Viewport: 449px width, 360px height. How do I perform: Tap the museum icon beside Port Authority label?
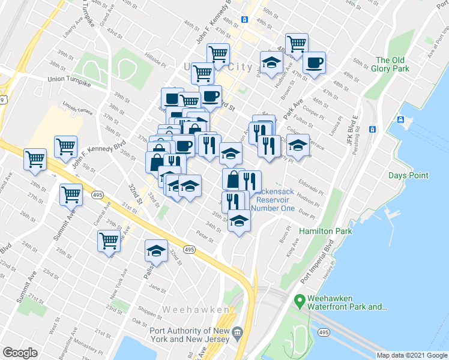[237, 332]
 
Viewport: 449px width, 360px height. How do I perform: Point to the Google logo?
[20, 353]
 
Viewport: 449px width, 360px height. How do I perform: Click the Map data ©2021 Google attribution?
[412, 355]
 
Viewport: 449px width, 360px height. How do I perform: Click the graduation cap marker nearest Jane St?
[156, 252]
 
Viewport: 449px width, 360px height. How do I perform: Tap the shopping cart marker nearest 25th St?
[109, 241]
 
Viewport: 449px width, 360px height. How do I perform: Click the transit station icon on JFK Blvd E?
[372, 129]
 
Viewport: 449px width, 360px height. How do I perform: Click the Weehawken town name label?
[196, 310]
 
